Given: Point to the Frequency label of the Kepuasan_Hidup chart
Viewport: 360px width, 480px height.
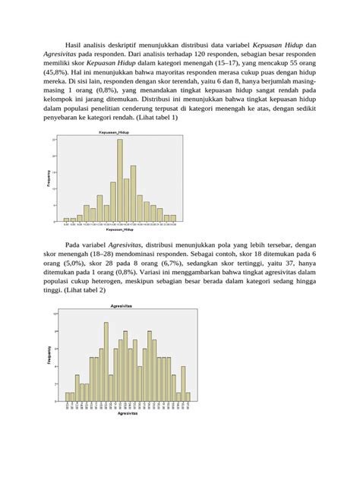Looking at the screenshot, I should (x=50, y=179).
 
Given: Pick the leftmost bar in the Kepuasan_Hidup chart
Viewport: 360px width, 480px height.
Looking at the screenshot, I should (x=66, y=220).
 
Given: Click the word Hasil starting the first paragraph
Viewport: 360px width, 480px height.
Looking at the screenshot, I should (x=77, y=46).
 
